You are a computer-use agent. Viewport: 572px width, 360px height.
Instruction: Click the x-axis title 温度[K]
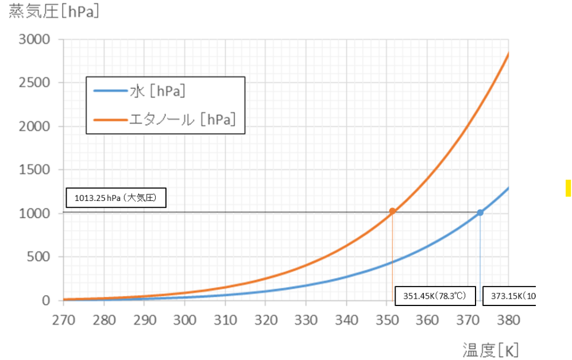(x=491, y=349)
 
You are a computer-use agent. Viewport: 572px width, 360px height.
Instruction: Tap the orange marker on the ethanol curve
(x=392, y=211)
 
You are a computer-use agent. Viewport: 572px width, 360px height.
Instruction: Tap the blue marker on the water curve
(x=480, y=212)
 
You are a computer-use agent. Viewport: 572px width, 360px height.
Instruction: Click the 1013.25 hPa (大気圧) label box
(x=116, y=199)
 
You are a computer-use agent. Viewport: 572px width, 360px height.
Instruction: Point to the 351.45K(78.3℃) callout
(x=435, y=297)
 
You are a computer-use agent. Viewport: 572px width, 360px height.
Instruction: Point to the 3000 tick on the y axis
(x=34, y=40)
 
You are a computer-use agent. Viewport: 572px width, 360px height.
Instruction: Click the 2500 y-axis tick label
(x=34, y=83)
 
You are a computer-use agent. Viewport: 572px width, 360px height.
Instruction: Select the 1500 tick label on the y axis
(x=34, y=170)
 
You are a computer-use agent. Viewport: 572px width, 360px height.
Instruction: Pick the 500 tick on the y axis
(x=38, y=257)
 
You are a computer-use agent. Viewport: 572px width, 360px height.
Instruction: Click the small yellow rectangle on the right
(x=568, y=188)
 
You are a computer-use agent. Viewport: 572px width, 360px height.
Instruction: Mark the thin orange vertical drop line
(x=392, y=258)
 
